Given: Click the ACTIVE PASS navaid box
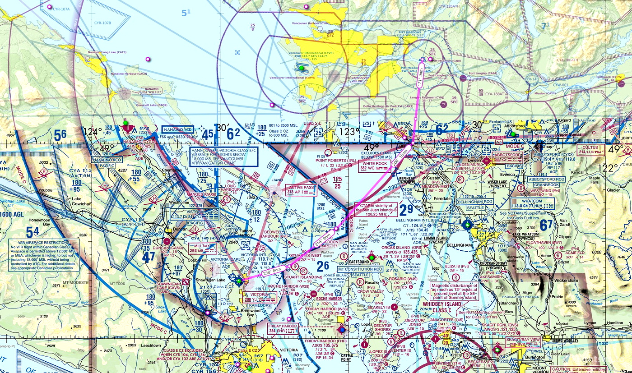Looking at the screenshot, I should tap(301, 190).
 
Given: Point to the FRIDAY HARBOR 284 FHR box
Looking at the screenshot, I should tap(283, 328).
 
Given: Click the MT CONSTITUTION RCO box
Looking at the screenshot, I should tap(360, 269).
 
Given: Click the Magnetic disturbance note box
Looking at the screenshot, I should tap(453, 291).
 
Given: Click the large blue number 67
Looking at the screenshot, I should tap(546, 224).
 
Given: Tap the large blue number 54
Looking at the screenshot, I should tap(32, 232).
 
